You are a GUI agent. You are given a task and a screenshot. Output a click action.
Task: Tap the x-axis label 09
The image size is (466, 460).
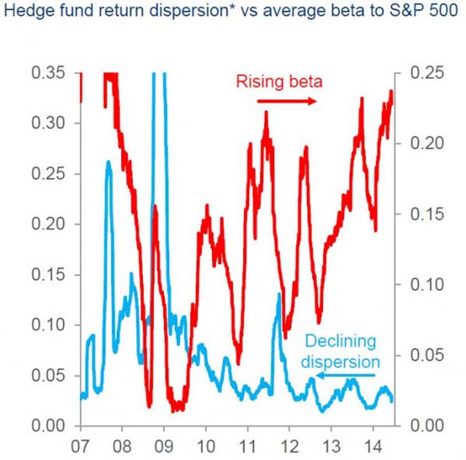[164, 446]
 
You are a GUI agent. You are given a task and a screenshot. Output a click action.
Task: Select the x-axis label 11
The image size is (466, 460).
[247, 446]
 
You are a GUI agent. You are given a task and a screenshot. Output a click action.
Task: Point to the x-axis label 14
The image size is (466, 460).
[373, 446]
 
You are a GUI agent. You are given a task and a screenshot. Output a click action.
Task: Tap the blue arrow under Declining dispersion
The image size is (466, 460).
[345, 375]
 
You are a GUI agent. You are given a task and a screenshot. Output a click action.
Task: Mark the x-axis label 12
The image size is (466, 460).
[290, 446]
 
